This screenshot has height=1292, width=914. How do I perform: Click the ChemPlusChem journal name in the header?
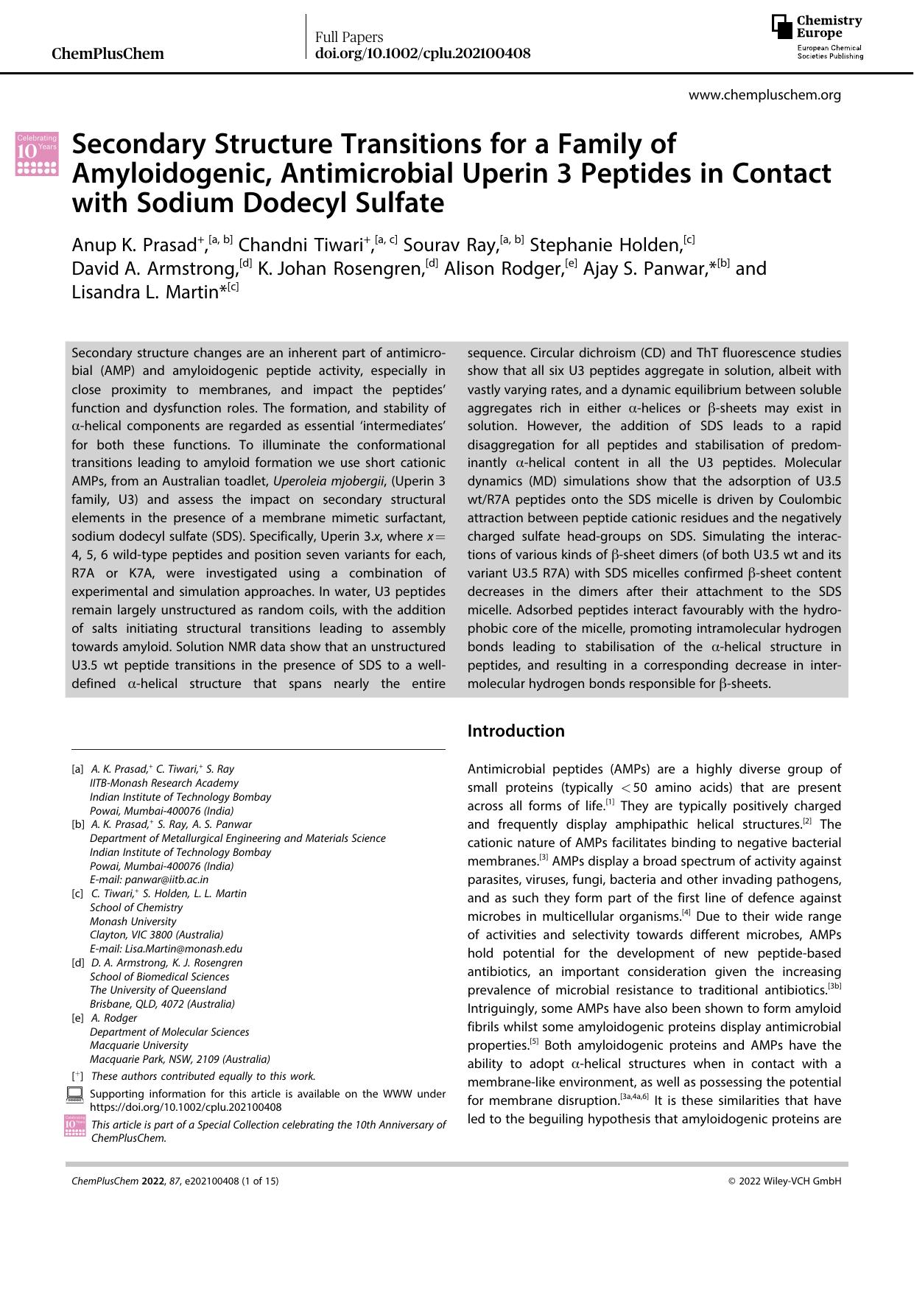pos(108,54)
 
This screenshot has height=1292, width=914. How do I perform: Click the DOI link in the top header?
pos(422,54)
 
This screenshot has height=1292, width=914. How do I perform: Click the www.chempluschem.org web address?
pos(764,95)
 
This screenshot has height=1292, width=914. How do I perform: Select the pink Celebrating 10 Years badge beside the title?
pos(37,154)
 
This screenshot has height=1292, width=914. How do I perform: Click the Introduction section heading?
pos(516,731)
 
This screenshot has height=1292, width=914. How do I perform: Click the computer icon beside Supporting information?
pos(75,1095)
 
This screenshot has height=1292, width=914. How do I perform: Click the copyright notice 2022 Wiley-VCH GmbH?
pos(784,1181)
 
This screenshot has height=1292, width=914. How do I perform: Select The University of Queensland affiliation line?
pos(158,990)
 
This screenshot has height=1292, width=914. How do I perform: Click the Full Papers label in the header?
pos(349,37)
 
